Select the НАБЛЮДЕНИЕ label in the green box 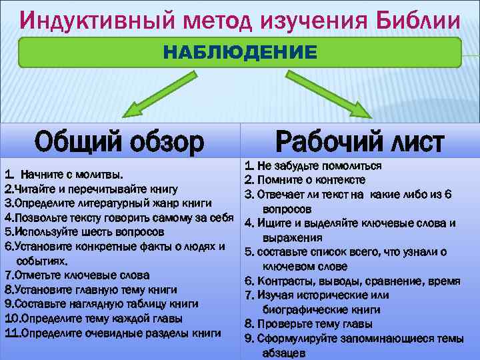(x=241, y=52)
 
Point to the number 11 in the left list (x=11, y=332)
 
